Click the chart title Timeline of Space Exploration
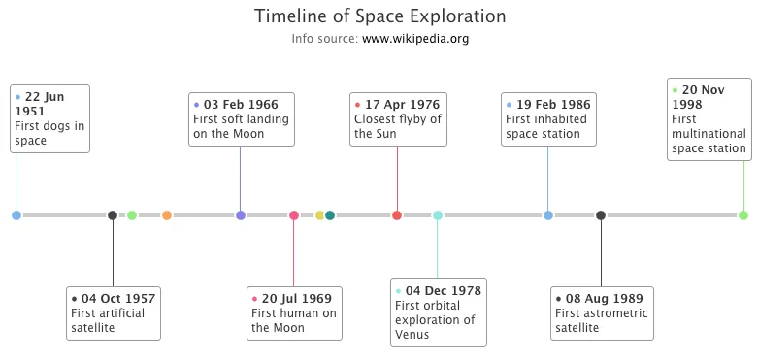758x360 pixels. click(x=379, y=17)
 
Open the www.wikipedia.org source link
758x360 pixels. click(x=415, y=40)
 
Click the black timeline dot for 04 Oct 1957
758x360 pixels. click(x=113, y=215)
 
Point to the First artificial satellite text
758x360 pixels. click(x=108, y=320)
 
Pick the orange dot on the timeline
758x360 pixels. click(x=167, y=215)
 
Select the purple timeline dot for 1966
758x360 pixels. click(x=241, y=215)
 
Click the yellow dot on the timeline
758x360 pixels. click(x=319, y=215)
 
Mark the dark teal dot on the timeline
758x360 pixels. click(x=330, y=215)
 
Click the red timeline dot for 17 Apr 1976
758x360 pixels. click(x=397, y=215)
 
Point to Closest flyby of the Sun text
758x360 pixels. click(x=398, y=126)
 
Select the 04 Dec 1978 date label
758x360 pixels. click(x=443, y=290)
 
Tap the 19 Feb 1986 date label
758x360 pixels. click(x=552, y=105)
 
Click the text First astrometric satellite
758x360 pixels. click(x=601, y=320)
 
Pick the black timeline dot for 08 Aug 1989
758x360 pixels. click(x=601, y=215)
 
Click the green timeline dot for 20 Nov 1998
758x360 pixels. click(x=743, y=215)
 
